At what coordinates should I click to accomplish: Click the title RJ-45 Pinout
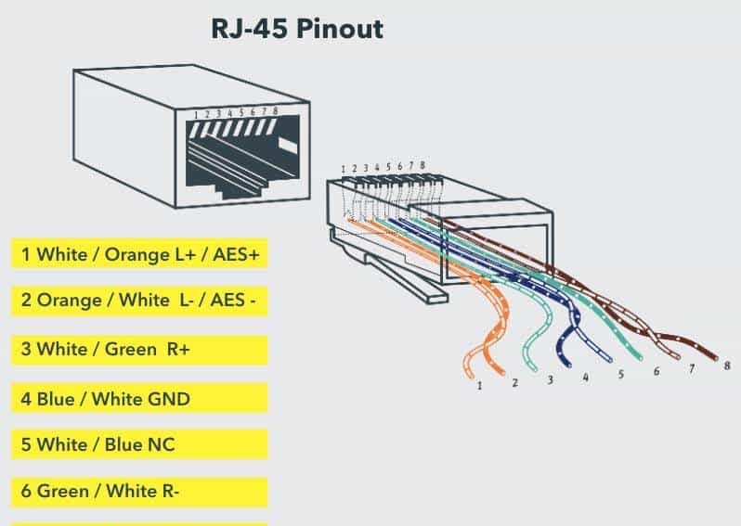(x=297, y=29)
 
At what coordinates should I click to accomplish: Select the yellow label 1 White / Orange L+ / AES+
(x=139, y=254)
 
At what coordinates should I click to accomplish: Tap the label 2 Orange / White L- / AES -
(x=139, y=301)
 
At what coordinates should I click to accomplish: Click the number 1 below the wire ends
(x=479, y=385)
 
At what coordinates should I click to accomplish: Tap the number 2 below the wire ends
(x=514, y=382)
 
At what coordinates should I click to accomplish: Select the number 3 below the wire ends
(x=550, y=379)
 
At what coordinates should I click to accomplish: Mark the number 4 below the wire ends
(x=585, y=378)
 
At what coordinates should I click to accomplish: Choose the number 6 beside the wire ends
(x=656, y=371)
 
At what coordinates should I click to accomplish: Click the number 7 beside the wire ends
(x=692, y=368)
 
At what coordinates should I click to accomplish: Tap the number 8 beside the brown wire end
(x=726, y=366)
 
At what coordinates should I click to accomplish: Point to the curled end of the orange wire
(x=469, y=362)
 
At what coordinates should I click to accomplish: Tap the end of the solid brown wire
(x=715, y=357)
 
